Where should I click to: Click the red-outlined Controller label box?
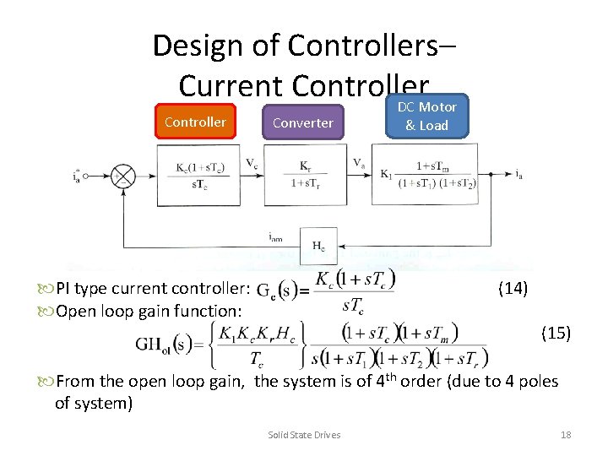click(x=195, y=122)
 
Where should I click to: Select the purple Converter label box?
click(x=302, y=123)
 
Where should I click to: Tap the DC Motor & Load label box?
click(x=431, y=117)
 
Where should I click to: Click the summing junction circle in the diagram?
click(x=124, y=176)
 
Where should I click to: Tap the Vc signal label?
click(x=252, y=163)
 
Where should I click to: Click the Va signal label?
click(x=359, y=163)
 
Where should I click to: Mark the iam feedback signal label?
click(x=275, y=239)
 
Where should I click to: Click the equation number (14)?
click(x=513, y=289)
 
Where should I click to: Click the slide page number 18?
click(x=566, y=435)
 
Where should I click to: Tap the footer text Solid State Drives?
click(x=304, y=435)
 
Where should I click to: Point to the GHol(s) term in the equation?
click(x=174, y=345)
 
